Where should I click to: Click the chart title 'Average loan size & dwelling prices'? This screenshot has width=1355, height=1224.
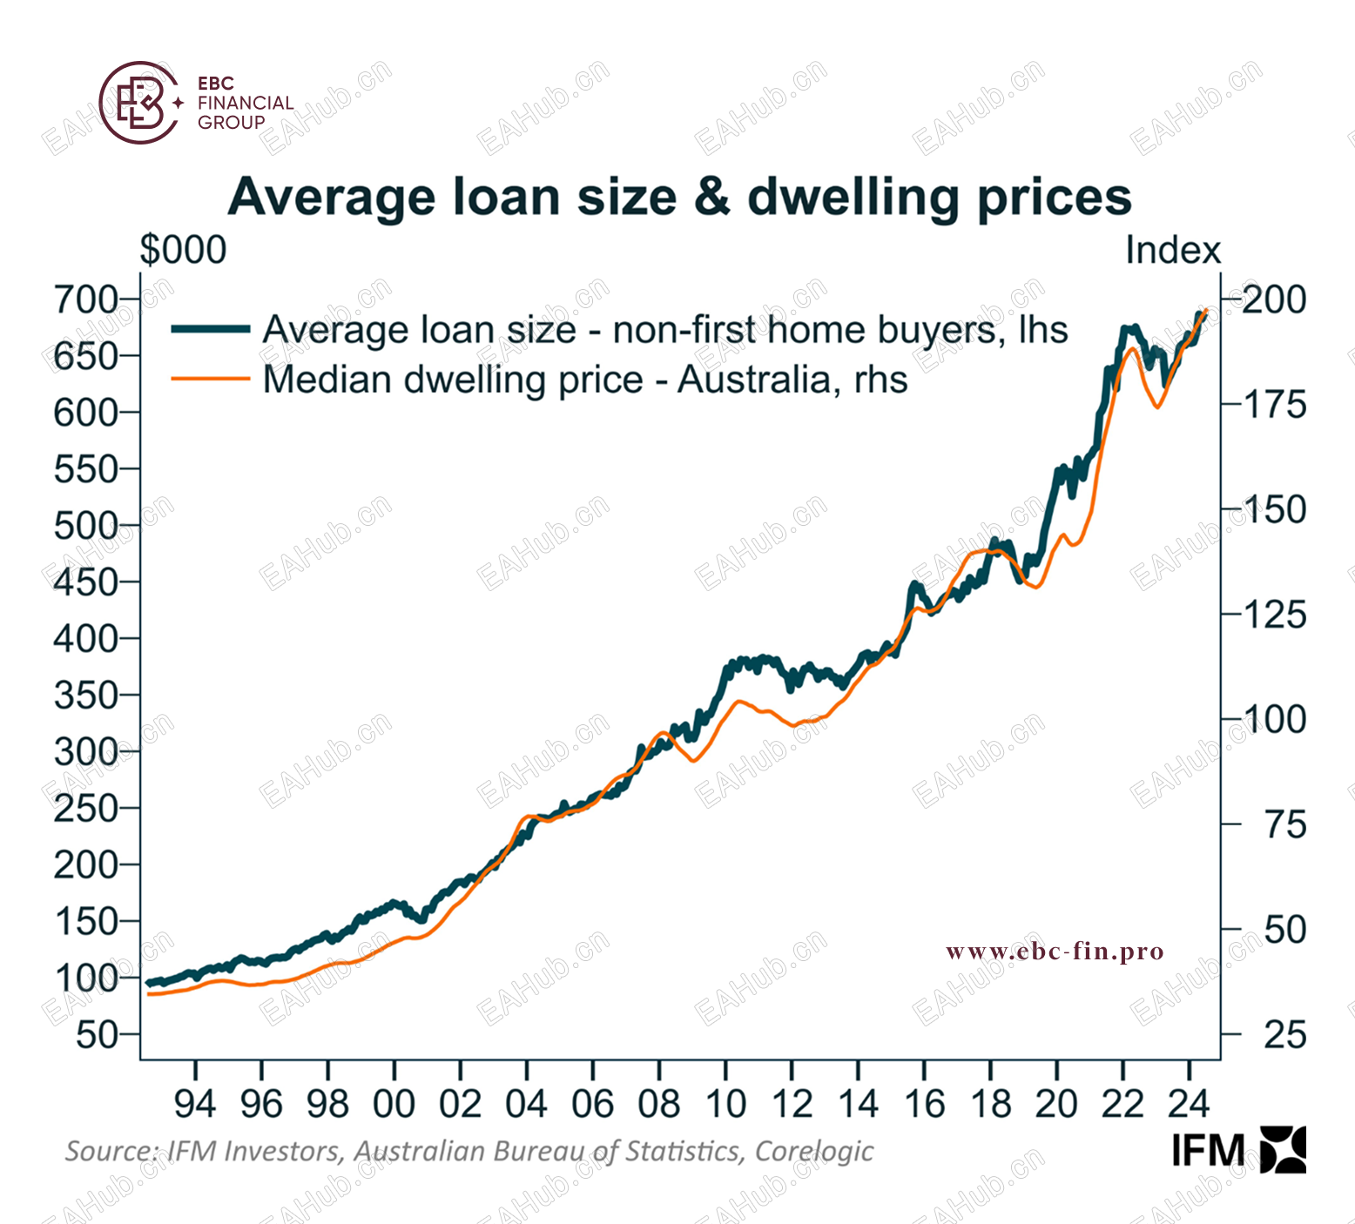pos(679,197)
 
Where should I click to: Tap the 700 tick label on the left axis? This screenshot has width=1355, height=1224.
pos(85,299)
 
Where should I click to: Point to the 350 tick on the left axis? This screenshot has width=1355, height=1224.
pos(85,696)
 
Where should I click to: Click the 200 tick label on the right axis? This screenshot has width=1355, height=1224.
pos(1274,300)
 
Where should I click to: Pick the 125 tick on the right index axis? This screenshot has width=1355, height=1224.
pos(1274,615)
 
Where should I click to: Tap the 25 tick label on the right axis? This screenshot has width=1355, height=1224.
pos(1284,1035)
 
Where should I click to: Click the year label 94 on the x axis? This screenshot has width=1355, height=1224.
pos(195,1104)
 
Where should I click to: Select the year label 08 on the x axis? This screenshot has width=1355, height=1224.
pos(659,1104)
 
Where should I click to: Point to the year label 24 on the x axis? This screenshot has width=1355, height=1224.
pos(1189,1104)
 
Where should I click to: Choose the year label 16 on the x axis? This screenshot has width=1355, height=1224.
pos(924,1104)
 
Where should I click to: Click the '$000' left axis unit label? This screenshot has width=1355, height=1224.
pos(183,251)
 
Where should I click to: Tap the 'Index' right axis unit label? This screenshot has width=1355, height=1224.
pos(1172,251)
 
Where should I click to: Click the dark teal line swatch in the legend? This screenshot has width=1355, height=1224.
pos(211,329)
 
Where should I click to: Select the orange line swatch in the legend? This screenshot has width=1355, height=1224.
pos(211,379)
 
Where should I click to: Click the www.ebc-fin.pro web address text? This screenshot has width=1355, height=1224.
pos(1055,952)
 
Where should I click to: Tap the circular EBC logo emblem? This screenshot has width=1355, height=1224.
pos(139,103)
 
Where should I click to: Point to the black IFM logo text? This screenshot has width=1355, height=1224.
pos(1208,1151)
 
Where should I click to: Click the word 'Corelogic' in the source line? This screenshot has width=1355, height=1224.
pos(813,1151)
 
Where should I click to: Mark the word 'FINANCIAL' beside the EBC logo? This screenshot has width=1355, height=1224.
pos(246,103)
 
